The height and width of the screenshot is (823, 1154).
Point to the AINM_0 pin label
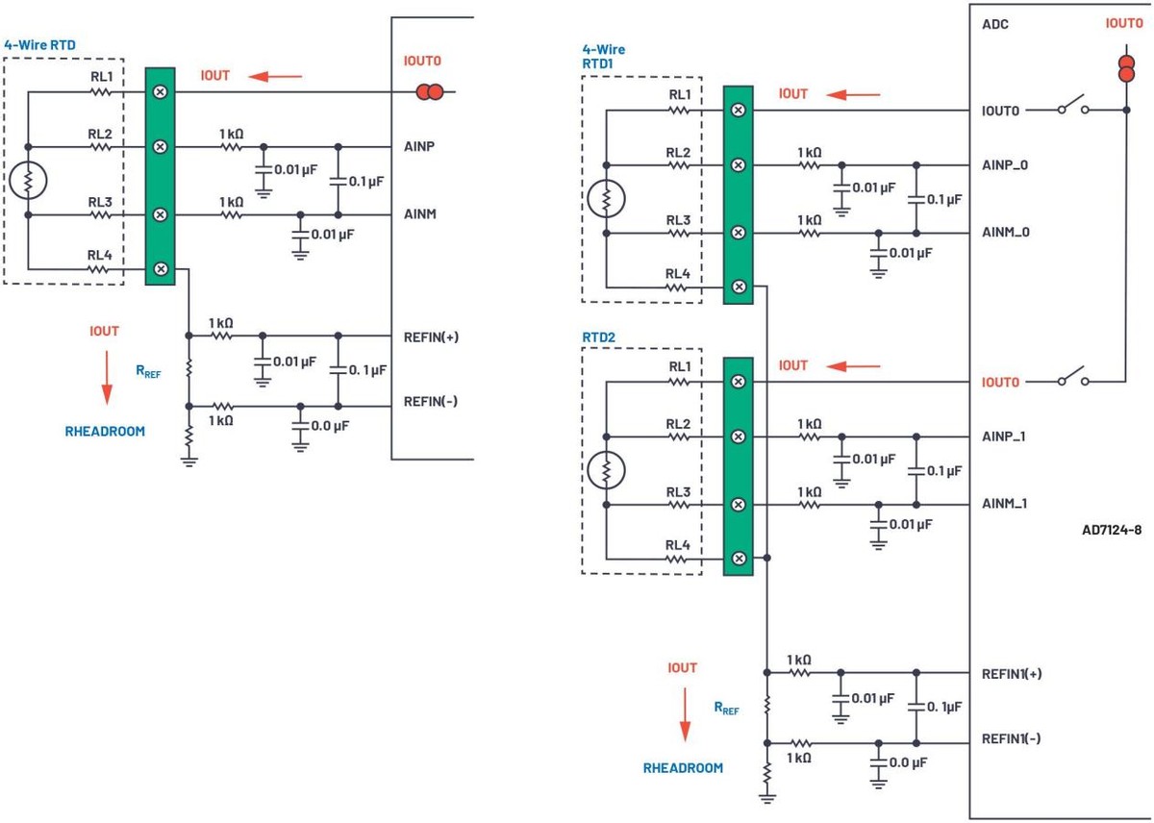click(x=1004, y=232)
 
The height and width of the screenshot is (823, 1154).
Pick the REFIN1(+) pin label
click(x=1011, y=674)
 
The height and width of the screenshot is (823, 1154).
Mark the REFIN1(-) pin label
click(x=1011, y=739)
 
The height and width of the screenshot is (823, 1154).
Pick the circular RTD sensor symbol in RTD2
click(x=606, y=470)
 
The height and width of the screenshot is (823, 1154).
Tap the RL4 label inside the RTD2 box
click(x=679, y=545)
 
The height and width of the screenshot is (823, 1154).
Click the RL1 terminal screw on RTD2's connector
click(x=738, y=382)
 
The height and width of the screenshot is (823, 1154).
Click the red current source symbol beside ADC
click(x=1126, y=69)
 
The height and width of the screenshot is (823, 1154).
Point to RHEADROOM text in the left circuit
click(x=105, y=432)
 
